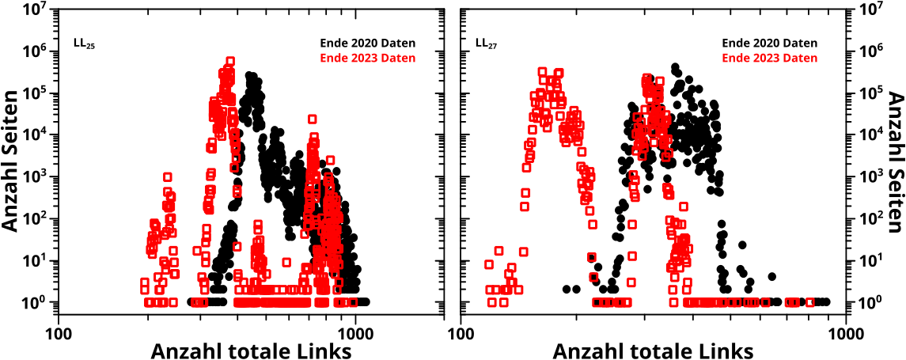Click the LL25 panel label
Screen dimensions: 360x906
[x=84, y=44]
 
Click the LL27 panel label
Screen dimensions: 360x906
[x=486, y=44]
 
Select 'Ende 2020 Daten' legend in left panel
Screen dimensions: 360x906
[x=367, y=43]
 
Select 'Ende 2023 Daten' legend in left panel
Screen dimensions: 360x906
[x=367, y=58]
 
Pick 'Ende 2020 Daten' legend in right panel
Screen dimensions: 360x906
[x=770, y=43]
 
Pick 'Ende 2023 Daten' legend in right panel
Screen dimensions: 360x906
[x=770, y=58]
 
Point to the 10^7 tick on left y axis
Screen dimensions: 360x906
[x=29, y=10]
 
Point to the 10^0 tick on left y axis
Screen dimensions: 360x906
[x=29, y=302]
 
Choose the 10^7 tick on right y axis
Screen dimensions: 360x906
[x=875, y=10]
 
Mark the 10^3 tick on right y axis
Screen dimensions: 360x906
[x=875, y=177]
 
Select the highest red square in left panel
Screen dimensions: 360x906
[x=230, y=61]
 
